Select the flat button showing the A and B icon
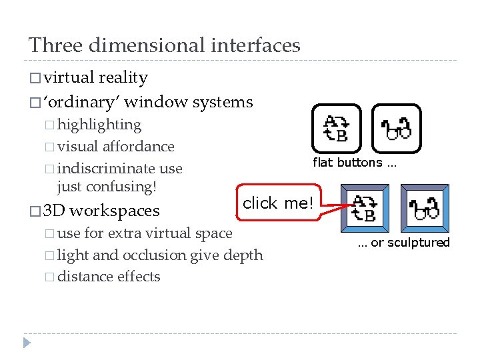337,128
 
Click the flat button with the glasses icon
397,128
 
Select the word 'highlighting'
99,125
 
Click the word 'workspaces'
114,211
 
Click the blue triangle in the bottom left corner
27,343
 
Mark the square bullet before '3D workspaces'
35,212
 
